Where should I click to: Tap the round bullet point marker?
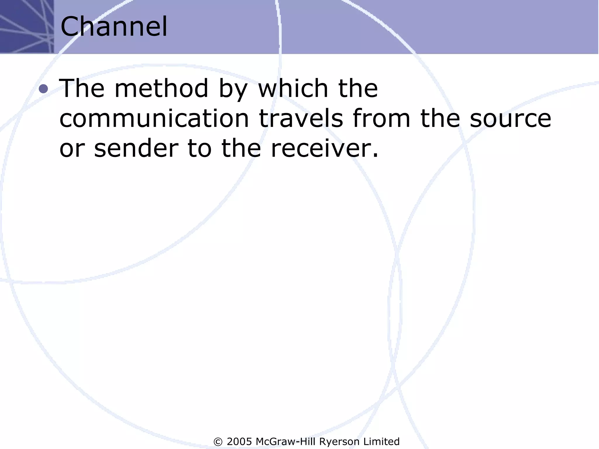[x=43, y=88]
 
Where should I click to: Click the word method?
[x=161, y=88]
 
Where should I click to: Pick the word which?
[x=293, y=88]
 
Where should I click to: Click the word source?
[x=510, y=119]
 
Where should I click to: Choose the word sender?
[x=136, y=148]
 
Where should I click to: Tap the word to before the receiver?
[x=199, y=148]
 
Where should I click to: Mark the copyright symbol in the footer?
[x=218, y=442]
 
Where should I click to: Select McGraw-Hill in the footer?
[x=286, y=441]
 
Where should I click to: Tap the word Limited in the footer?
[x=381, y=441]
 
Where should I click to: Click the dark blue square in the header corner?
[x=27, y=26]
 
